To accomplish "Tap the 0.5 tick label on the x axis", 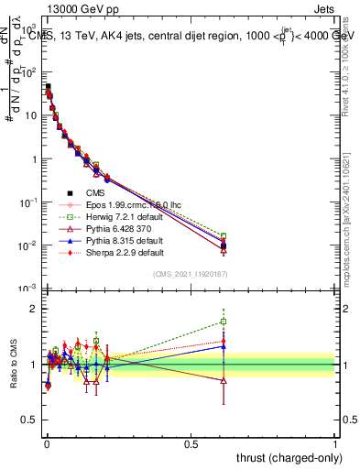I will pos(191,443).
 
